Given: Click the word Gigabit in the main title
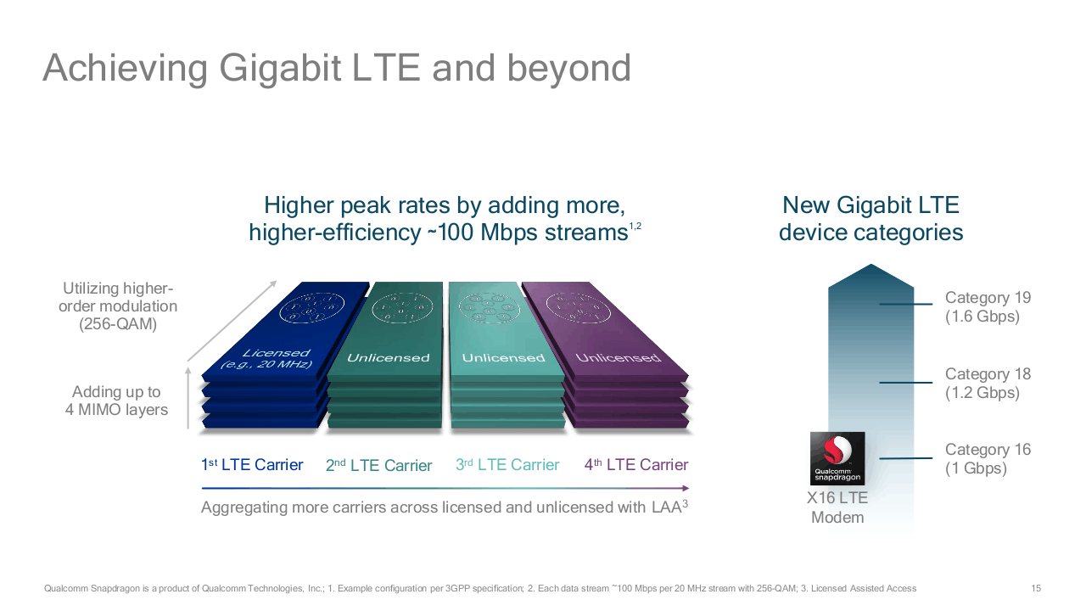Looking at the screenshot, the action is tap(280, 69).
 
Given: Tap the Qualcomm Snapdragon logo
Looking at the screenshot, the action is tap(837, 458).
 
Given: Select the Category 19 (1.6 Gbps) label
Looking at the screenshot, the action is tap(988, 307).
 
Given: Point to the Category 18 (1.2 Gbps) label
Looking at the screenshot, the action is tap(988, 383).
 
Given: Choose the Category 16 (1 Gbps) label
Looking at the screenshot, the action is tap(988, 459).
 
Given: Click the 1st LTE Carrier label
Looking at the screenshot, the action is tap(252, 464).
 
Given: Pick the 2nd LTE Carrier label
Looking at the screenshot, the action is tap(378, 465).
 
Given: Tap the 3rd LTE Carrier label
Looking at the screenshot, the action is tap(507, 464).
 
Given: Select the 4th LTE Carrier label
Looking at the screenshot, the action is tap(636, 464).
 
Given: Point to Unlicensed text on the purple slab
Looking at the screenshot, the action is tap(619, 358).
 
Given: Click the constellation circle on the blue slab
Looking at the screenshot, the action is tap(311, 307).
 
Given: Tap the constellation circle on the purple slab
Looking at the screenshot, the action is tap(579, 307).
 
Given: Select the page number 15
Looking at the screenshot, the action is tap(1036, 588).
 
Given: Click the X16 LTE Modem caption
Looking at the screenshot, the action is tap(837, 507).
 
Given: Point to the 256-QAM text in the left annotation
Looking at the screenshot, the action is tap(118, 324).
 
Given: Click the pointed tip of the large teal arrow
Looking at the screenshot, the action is tap(871, 264).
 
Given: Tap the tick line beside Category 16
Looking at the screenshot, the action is tap(905, 458).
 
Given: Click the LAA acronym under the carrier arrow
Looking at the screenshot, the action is tap(666, 507).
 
